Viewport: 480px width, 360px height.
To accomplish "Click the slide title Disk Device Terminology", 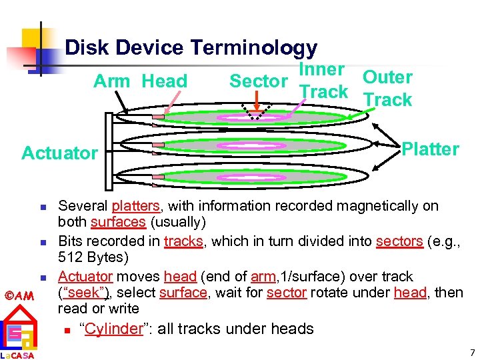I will tap(191, 48).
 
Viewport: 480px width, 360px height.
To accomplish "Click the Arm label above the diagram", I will tap(112, 81).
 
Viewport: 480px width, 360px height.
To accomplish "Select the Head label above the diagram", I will tap(165, 81).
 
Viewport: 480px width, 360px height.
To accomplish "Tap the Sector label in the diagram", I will tap(258, 81).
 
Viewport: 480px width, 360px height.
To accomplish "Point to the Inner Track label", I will tap(323, 81).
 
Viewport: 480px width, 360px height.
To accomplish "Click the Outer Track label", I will tap(387, 89).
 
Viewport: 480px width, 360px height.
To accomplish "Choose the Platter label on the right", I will tap(430, 149).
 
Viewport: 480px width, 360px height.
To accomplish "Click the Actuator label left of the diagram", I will tap(59, 153).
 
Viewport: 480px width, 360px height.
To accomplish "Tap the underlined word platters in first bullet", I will tap(135, 206).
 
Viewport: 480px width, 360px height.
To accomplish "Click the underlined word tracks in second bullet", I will tap(183, 241).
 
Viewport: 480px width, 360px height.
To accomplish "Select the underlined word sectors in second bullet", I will tap(399, 241).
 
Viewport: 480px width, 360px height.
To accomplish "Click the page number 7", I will tap(471, 351).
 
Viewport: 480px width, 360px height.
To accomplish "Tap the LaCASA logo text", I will tap(17, 355).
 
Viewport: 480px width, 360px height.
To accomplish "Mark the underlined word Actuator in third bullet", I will tap(85, 276).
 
